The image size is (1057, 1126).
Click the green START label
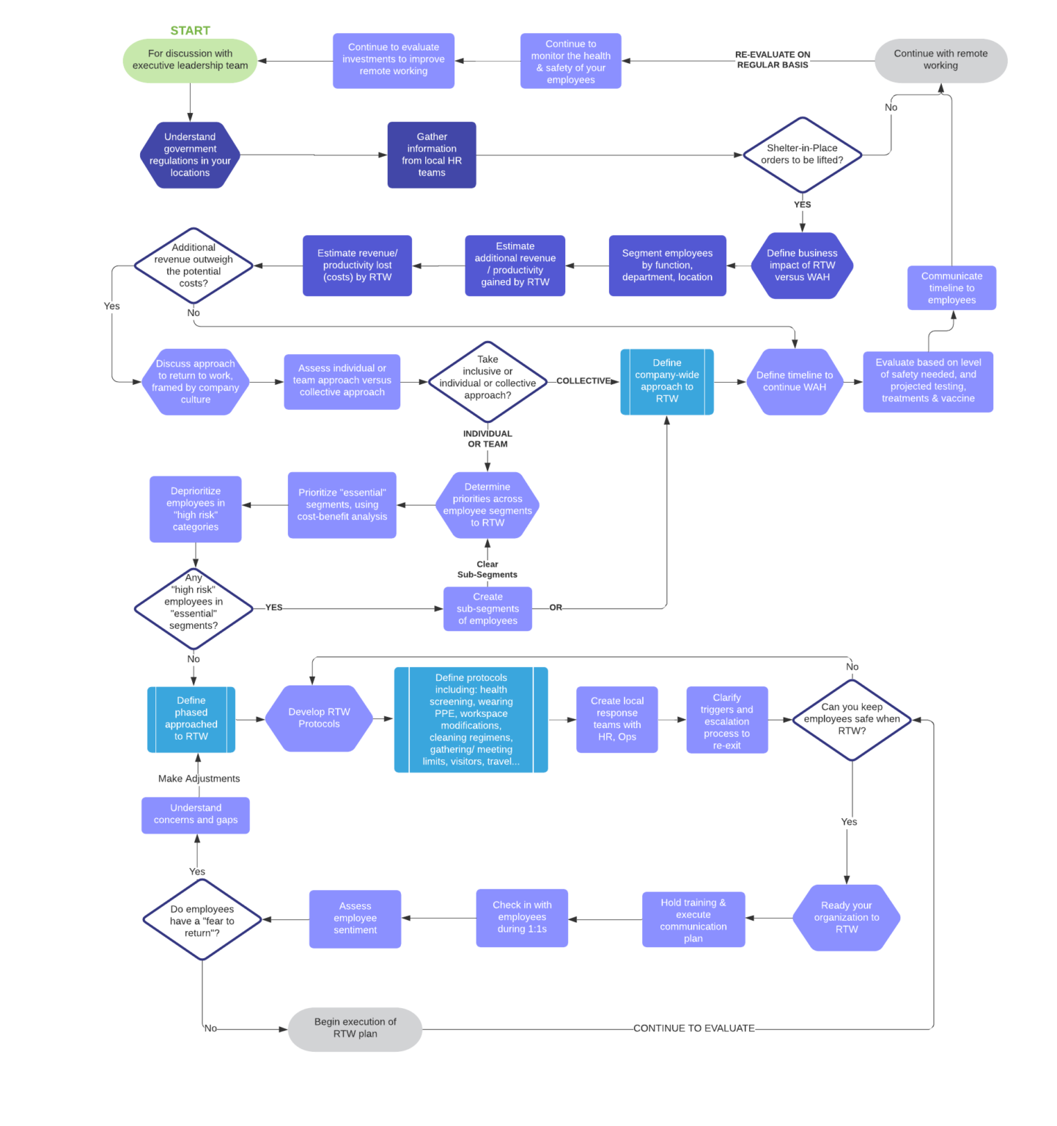(190, 31)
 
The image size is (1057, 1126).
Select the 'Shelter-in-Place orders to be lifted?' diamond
(802, 155)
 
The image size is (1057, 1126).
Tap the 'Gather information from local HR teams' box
(432, 155)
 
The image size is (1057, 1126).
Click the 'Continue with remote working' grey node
(940, 60)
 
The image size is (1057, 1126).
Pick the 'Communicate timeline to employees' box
(951, 288)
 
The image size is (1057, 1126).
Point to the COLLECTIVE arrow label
(583, 381)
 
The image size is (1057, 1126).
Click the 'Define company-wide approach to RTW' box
(667, 381)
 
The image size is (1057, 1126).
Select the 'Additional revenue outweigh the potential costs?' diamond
(194, 265)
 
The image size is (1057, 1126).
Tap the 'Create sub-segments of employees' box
(487, 608)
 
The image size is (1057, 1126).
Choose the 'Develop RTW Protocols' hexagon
(319, 718)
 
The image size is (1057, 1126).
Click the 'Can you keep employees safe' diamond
(852, 719)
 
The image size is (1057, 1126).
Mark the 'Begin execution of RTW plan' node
(355, 1029)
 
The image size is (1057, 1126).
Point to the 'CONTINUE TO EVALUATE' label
(693, 1029)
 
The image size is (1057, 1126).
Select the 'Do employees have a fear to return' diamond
(202, 921)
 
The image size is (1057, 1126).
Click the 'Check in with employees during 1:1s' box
(522, 918)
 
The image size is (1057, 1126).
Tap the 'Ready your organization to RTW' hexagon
(846, 918)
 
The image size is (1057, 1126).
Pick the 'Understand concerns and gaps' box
(196, 814)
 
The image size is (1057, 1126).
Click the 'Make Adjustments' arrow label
(199, 779)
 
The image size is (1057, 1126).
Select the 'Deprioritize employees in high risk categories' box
(196, 509)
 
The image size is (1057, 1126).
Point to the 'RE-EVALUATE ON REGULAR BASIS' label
(773, 60)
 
